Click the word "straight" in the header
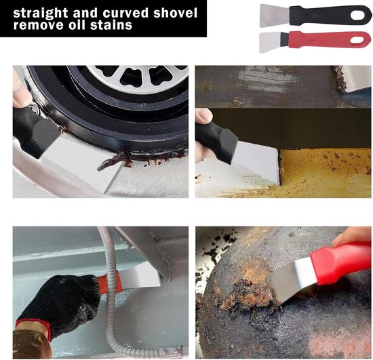(40, 14)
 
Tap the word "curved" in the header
(125, 13)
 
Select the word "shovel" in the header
(176, 12)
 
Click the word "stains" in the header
(111, 25)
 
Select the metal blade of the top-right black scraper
(275, 15)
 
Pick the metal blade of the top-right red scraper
(274, 42)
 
